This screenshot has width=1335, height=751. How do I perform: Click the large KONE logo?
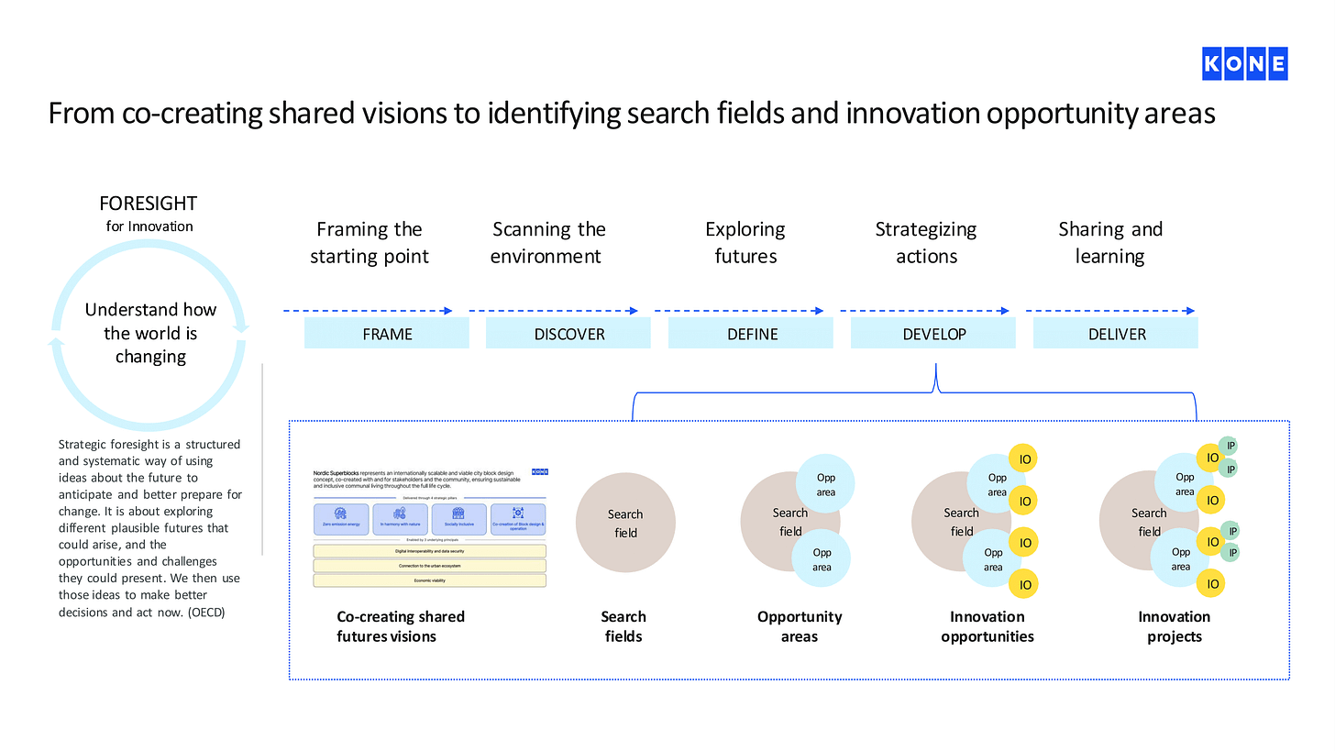pos(1244,64)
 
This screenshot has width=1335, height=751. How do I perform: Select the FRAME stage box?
pos(387,334)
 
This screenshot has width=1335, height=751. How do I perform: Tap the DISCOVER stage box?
pos(568,334)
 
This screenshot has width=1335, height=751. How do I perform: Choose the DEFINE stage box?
pos(751,334)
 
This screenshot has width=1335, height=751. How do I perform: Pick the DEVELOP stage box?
pos(933,334)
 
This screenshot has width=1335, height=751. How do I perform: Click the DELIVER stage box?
pos(1116,334)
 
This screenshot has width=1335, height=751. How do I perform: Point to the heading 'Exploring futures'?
pos(745,242)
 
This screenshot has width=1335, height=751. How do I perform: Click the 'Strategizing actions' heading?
pos(926,242)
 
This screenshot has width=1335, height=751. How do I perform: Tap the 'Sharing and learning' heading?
pos(1109,242)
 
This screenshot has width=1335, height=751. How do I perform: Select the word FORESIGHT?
pos(149,204)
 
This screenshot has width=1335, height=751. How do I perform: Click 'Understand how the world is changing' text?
pos(150,333)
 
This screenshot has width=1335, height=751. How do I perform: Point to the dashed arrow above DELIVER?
pos(1109,311)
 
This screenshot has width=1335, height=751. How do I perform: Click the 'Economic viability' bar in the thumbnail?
pos(429,580)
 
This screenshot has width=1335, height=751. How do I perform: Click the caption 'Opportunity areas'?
pos(800,626)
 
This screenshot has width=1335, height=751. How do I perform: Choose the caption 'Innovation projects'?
pos(1174,626)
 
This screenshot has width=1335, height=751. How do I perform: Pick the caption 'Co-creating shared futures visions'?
pos(401,626)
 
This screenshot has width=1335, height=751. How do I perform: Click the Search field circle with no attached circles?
pos(625,523)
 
